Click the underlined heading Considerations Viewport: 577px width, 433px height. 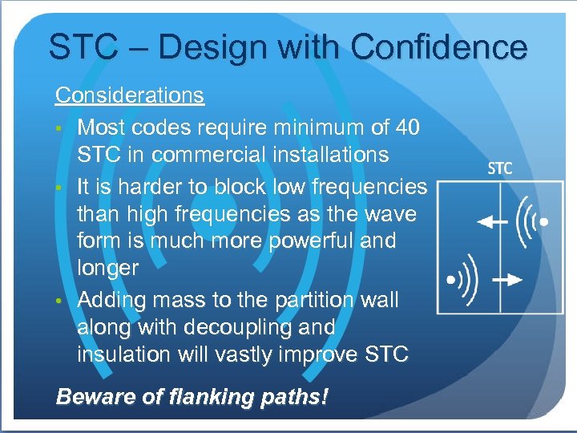click(x=129, y=95)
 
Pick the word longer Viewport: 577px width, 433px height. click(x=107, y=269)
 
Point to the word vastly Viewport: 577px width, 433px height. click(x=248, y=354)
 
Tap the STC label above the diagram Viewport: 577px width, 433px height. click(x=500, y=169)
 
